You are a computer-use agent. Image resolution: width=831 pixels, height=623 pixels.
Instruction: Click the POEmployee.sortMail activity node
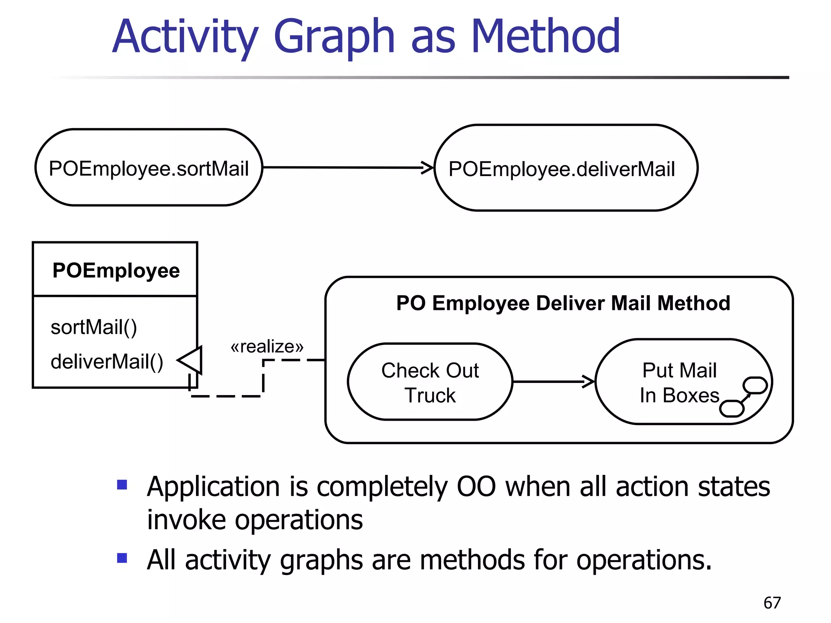point(149,168)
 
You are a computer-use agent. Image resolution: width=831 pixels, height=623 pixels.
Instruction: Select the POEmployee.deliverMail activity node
point(566,168)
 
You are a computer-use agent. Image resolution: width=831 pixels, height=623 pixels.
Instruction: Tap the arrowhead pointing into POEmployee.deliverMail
point(428,168)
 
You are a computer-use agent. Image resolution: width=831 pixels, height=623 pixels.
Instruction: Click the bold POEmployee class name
point(116,270)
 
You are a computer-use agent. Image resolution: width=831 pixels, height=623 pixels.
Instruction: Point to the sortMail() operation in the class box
point(94,327)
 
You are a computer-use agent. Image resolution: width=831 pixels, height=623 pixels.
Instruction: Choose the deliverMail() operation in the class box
point(107,361)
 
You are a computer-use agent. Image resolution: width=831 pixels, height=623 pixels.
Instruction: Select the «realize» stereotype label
point(267,347)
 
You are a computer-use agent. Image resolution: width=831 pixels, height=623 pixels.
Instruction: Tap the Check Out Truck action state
point(430,382)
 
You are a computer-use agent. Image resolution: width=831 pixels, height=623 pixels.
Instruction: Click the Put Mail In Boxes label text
point(679,382)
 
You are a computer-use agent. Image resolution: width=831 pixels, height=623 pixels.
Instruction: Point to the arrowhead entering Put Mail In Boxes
point(588,382)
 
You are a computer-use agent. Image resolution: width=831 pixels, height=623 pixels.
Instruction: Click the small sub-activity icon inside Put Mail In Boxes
point(743,397)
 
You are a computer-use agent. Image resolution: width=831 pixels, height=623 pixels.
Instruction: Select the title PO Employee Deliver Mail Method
point(563,303)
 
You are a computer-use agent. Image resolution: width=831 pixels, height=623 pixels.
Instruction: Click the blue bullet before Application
point(122,485)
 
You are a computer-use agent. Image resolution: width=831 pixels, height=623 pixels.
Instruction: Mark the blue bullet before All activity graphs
point(122,559)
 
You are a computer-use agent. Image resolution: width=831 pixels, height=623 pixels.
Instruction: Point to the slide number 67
point(772,603)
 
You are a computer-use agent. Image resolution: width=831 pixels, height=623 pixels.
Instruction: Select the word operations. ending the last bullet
point(644,560)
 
